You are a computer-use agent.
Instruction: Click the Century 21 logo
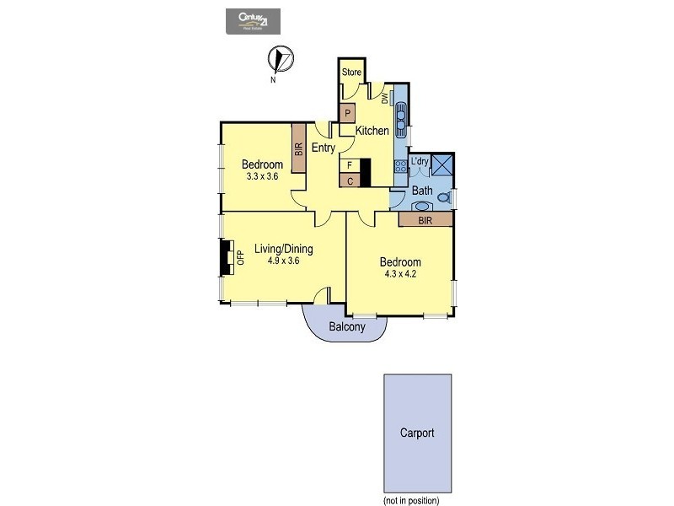point(252,21)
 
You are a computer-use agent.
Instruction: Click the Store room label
point(351,73)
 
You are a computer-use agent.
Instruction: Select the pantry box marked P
point(347,112)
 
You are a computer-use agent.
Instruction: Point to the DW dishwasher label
point(385,99)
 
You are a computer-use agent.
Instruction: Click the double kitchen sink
point(401,115)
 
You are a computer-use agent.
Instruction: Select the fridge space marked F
point(349,166)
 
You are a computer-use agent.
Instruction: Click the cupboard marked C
point(349,180)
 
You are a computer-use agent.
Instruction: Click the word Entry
point(324,148)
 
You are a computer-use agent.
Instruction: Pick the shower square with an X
point(443,165)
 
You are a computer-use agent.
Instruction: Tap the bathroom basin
point(421,205)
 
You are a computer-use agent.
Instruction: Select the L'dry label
point(419,162)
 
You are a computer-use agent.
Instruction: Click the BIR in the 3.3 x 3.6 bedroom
point(298,148)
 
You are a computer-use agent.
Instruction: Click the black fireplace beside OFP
point(226,257)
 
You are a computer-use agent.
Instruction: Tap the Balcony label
point(346,327)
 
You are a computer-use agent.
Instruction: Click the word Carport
point(417,433)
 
